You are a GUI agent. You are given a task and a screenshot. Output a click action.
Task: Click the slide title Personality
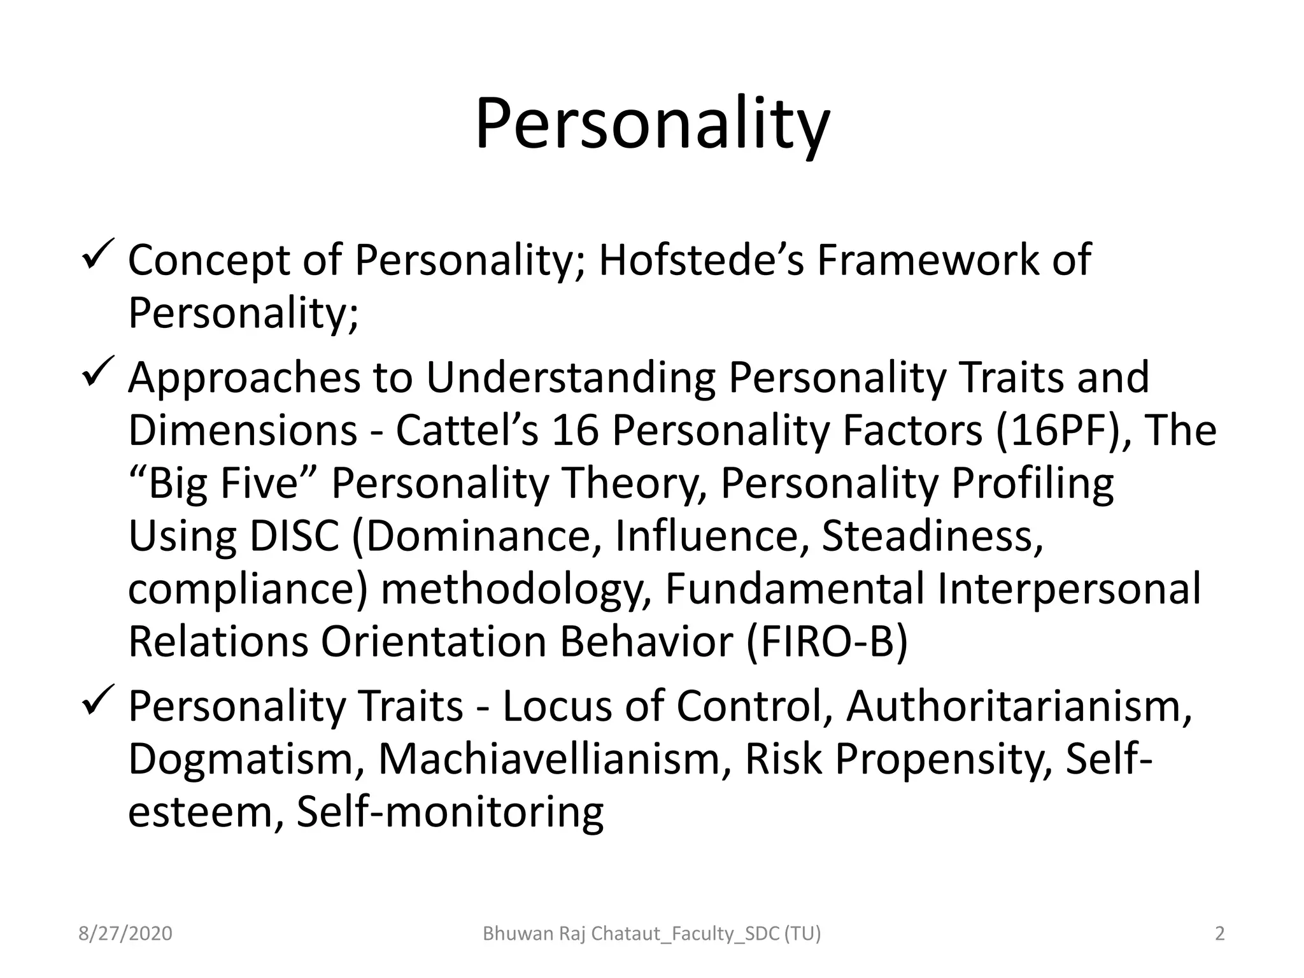[x=652, y=124]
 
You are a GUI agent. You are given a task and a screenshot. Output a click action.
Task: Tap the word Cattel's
[x=467, y=430]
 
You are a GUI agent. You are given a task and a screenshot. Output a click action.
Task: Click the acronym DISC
[x=294, y=536]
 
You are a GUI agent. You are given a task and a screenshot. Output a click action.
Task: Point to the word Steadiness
[x=932, y=536]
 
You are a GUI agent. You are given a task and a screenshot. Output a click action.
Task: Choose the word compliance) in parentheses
[x=248, y=589]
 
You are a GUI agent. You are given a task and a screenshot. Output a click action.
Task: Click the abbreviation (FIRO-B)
[x=826, y=642]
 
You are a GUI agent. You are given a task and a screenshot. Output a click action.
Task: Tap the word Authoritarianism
[x=1019, y=706]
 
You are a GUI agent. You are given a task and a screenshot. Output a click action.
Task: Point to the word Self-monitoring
[x=450, y=812]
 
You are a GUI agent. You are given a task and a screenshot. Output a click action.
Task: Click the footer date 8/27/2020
[x=125, y=933]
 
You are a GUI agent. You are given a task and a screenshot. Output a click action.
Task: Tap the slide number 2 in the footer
[x=1220, y=933]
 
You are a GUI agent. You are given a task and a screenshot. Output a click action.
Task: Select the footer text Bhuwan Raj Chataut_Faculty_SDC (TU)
[x=652, y=933]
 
